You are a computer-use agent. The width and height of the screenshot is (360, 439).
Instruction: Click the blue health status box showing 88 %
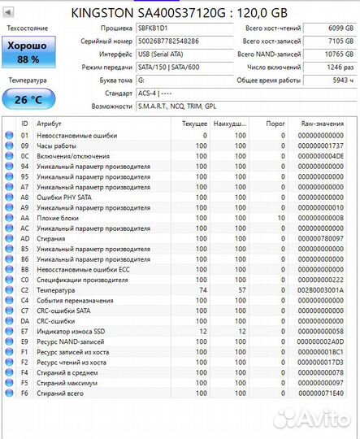click(x=28, y=53)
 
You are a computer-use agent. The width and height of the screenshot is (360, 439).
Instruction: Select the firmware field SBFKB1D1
click(x=171, y=28)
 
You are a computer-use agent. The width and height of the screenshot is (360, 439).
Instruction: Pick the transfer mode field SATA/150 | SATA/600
click(x=171, y=67)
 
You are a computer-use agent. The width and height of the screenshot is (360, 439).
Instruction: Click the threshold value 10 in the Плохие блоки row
click(x=281, y=218)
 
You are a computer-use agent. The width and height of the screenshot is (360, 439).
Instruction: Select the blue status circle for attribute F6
click(x=10, y=393)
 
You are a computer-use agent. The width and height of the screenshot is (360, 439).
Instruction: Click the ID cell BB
click(x=24, y=270)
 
